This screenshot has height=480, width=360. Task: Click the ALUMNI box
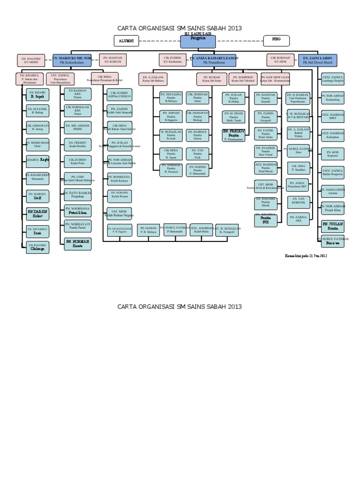coord(126,41)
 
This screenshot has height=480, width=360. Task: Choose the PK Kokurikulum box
coord(72,60)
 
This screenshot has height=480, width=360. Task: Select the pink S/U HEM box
coord(281,60)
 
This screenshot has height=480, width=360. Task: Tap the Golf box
coord(37,195)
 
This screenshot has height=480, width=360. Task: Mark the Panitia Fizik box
coord(197,153)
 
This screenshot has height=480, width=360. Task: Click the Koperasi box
coord(333,153)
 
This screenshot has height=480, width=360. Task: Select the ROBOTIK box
coord(298,202)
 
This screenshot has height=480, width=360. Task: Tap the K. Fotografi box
coord(227,230)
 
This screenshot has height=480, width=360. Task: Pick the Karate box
coord(78,242)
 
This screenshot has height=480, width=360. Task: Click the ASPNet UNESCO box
coord(119,94)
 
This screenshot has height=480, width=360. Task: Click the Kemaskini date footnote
coord(306,256)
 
